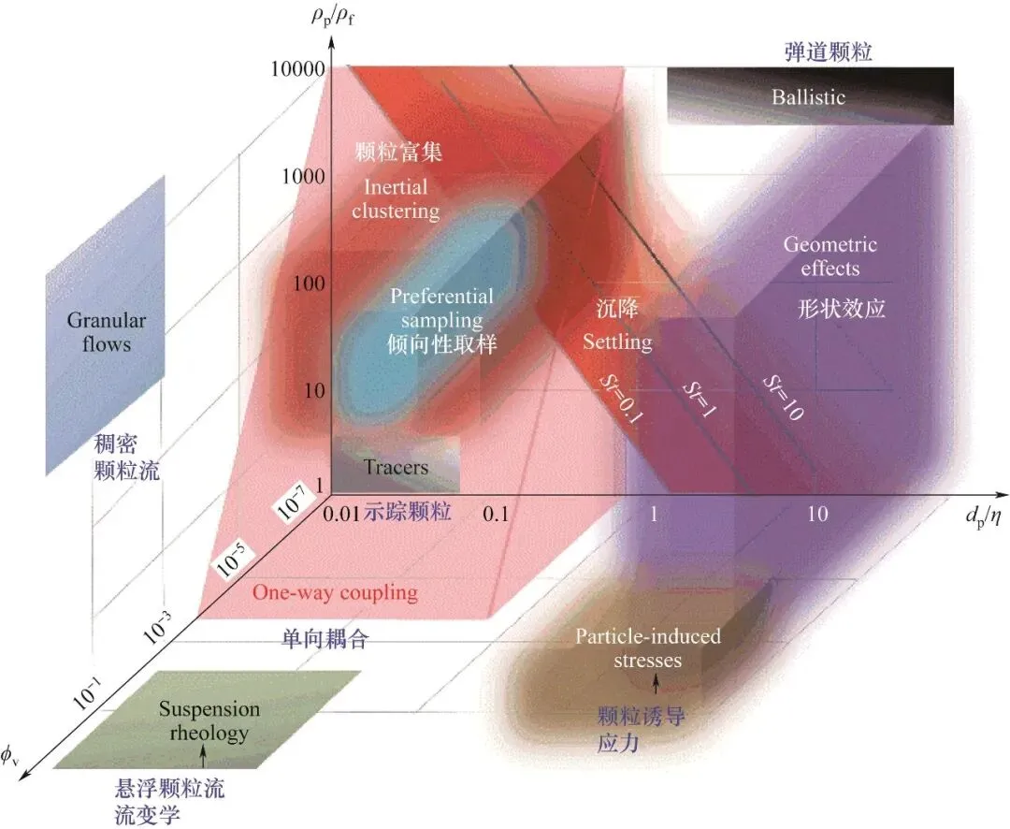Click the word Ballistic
(808, 96)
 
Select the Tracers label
(396, 468)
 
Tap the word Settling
(617, 342)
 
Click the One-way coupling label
(335, 592)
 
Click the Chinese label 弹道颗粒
(828, 52)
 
